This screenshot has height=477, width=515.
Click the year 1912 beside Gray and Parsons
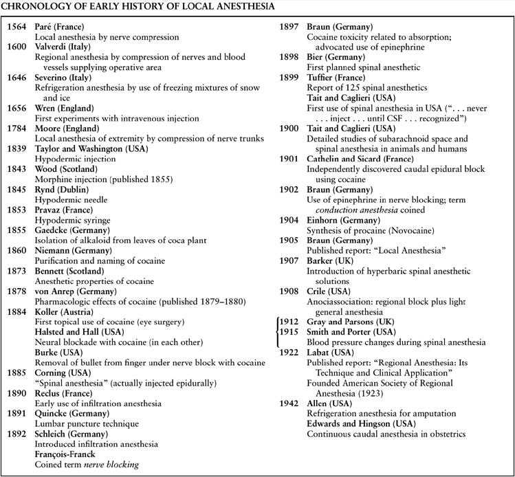pyautogui.click(x=287, y=321)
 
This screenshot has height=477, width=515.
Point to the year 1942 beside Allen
pyautogui.click(x=287, y=403)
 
